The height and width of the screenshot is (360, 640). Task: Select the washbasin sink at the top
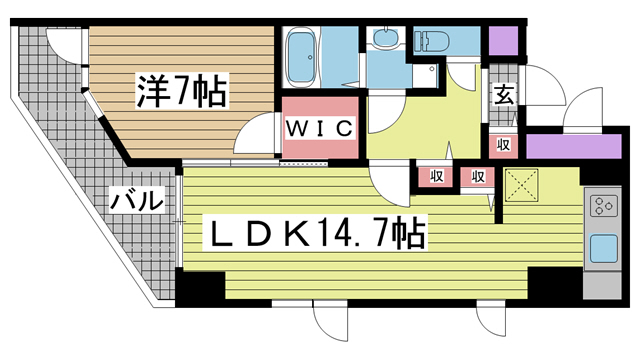pos(385,38)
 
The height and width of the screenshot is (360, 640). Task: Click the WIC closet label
pos(320,129)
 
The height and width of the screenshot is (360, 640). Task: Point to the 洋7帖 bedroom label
pos(182,91)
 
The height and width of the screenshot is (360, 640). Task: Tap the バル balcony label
pos(137,200)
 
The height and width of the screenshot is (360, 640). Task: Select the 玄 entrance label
pos(504,95)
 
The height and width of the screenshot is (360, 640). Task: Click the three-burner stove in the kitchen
pos(604,206)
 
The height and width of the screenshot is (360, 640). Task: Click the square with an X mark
pos(521,184)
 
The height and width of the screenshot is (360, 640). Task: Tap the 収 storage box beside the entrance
pos(504,144)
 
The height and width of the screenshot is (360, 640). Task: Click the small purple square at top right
pos(503,41)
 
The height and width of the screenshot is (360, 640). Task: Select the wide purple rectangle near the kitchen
pos(573,146)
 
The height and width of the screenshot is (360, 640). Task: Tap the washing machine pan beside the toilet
pos(425,75)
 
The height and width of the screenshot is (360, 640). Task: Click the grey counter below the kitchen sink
pos(602,285)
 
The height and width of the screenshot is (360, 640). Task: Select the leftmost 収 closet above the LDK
pos(436,177)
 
